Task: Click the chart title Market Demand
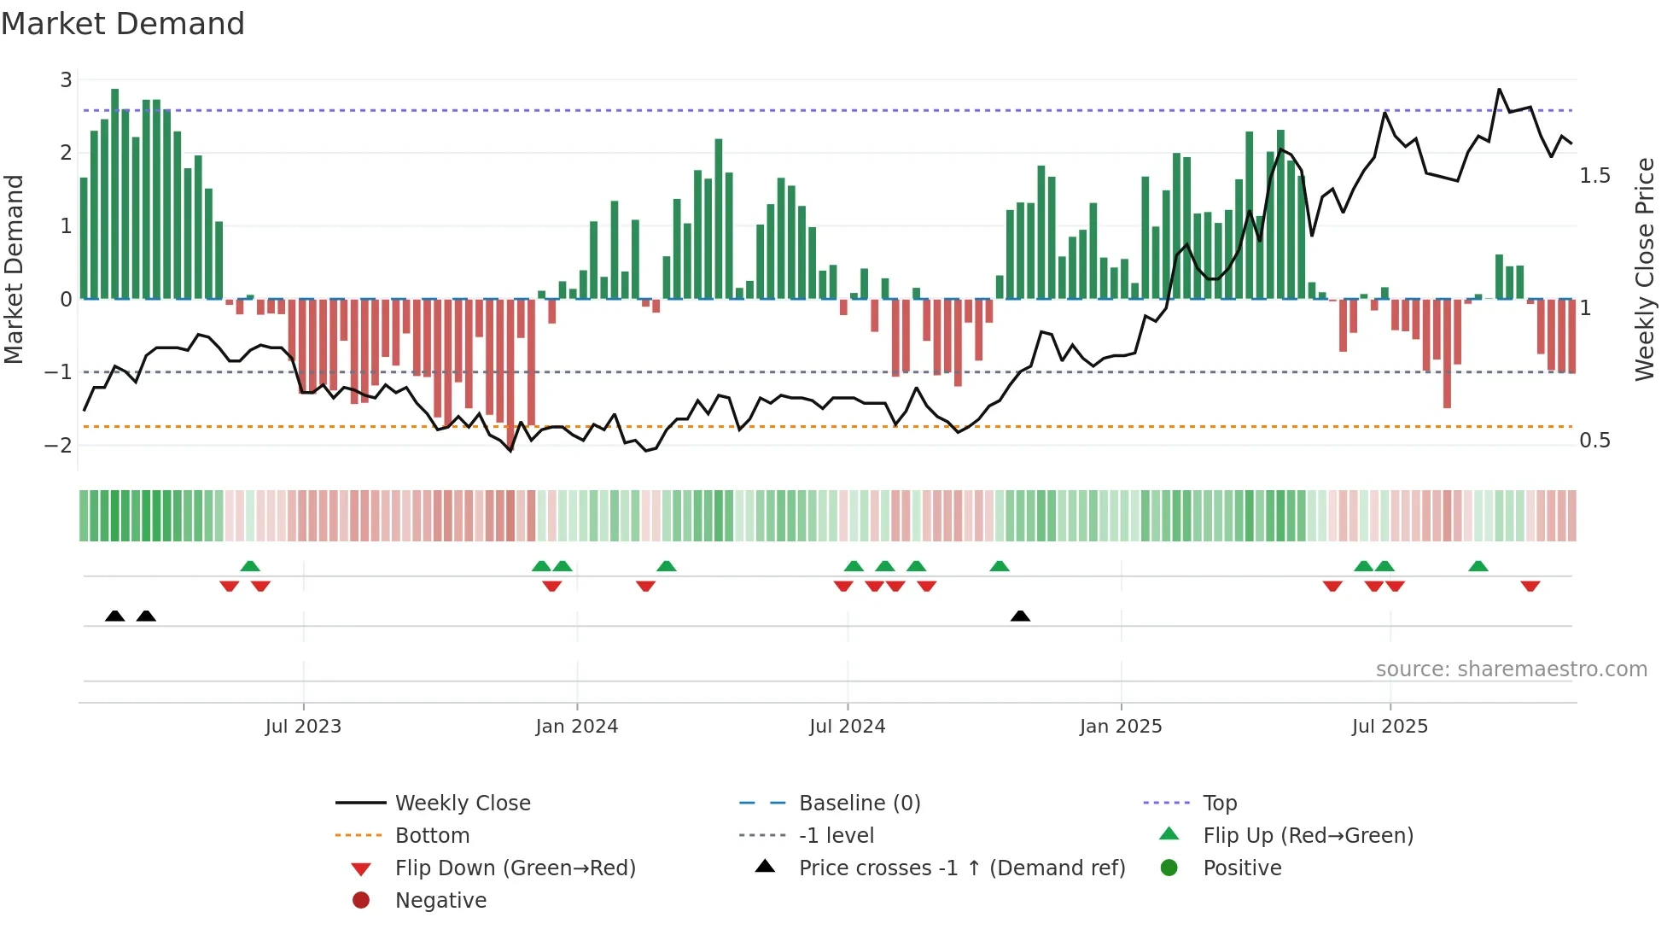coord(123,24)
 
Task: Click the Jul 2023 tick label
coord(303,727)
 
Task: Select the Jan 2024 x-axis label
coord(576,727)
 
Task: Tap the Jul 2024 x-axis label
coord(847,727)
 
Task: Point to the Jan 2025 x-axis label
coord(1120,727)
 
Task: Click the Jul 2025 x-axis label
coord(1390,727)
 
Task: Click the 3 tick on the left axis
coord(66,80)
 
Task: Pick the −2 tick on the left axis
coord(59,446)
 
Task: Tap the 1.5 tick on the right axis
coord(1594,176)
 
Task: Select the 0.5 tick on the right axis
coord(1594,441)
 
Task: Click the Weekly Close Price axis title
coord(1644,269)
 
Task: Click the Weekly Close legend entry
coord(462,804)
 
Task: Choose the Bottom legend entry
coord(432,836)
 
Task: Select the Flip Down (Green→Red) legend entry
coord(515,868)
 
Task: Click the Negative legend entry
coord(440,901)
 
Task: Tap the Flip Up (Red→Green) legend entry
coord(1308,836)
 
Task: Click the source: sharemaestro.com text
coord(1511,669)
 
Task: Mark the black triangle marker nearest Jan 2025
coord(1020,616)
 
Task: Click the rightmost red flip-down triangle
coord(1530,586)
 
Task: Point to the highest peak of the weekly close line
coord(1500,90)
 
